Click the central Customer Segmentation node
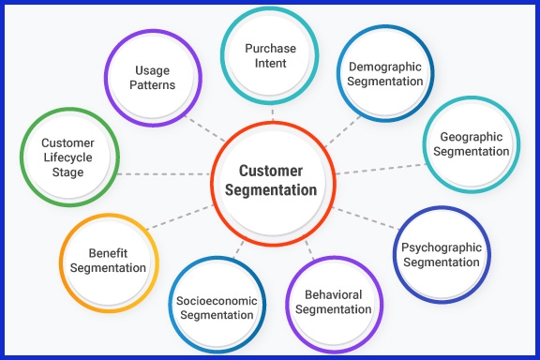(x=271, y=180)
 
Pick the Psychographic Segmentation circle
(x=441, y=254)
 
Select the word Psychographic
(x=441, y=247)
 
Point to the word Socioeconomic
(x=215, y=300)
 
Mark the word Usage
(x=153, y=70)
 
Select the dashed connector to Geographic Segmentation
(x=380, y=168)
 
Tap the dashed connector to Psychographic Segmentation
(x=366, y=217)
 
